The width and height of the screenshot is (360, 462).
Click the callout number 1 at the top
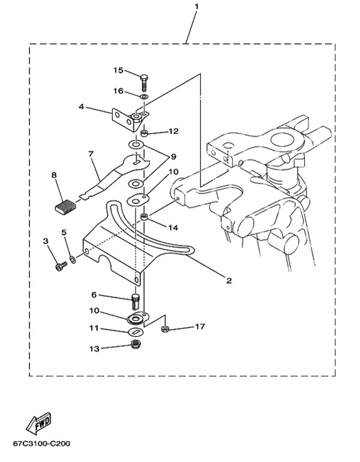[x=196, y=6]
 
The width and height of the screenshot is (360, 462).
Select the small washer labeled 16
[x=145, y=97]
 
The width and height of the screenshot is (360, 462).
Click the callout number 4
[x=82, y=107]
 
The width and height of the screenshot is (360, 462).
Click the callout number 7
[x=91, y=154]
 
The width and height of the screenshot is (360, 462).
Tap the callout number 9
[x=173, y=157]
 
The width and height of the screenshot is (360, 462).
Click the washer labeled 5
[x=73, y=259]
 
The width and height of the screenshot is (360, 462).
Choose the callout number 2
[x=229, y=281]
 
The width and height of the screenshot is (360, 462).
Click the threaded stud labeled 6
[x=134, y=301]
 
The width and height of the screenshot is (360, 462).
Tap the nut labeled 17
[x=164, y=329]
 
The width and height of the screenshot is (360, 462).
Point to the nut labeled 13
[x=135, y=344]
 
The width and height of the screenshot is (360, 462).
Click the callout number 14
[x=173, y=228]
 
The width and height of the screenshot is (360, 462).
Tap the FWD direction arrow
[x=38, y=424]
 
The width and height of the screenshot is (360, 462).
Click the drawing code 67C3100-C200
[x=41, y=443]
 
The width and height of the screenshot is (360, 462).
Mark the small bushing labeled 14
[x=144, y=218]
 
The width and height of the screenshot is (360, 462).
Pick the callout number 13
[x=94, y=349]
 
